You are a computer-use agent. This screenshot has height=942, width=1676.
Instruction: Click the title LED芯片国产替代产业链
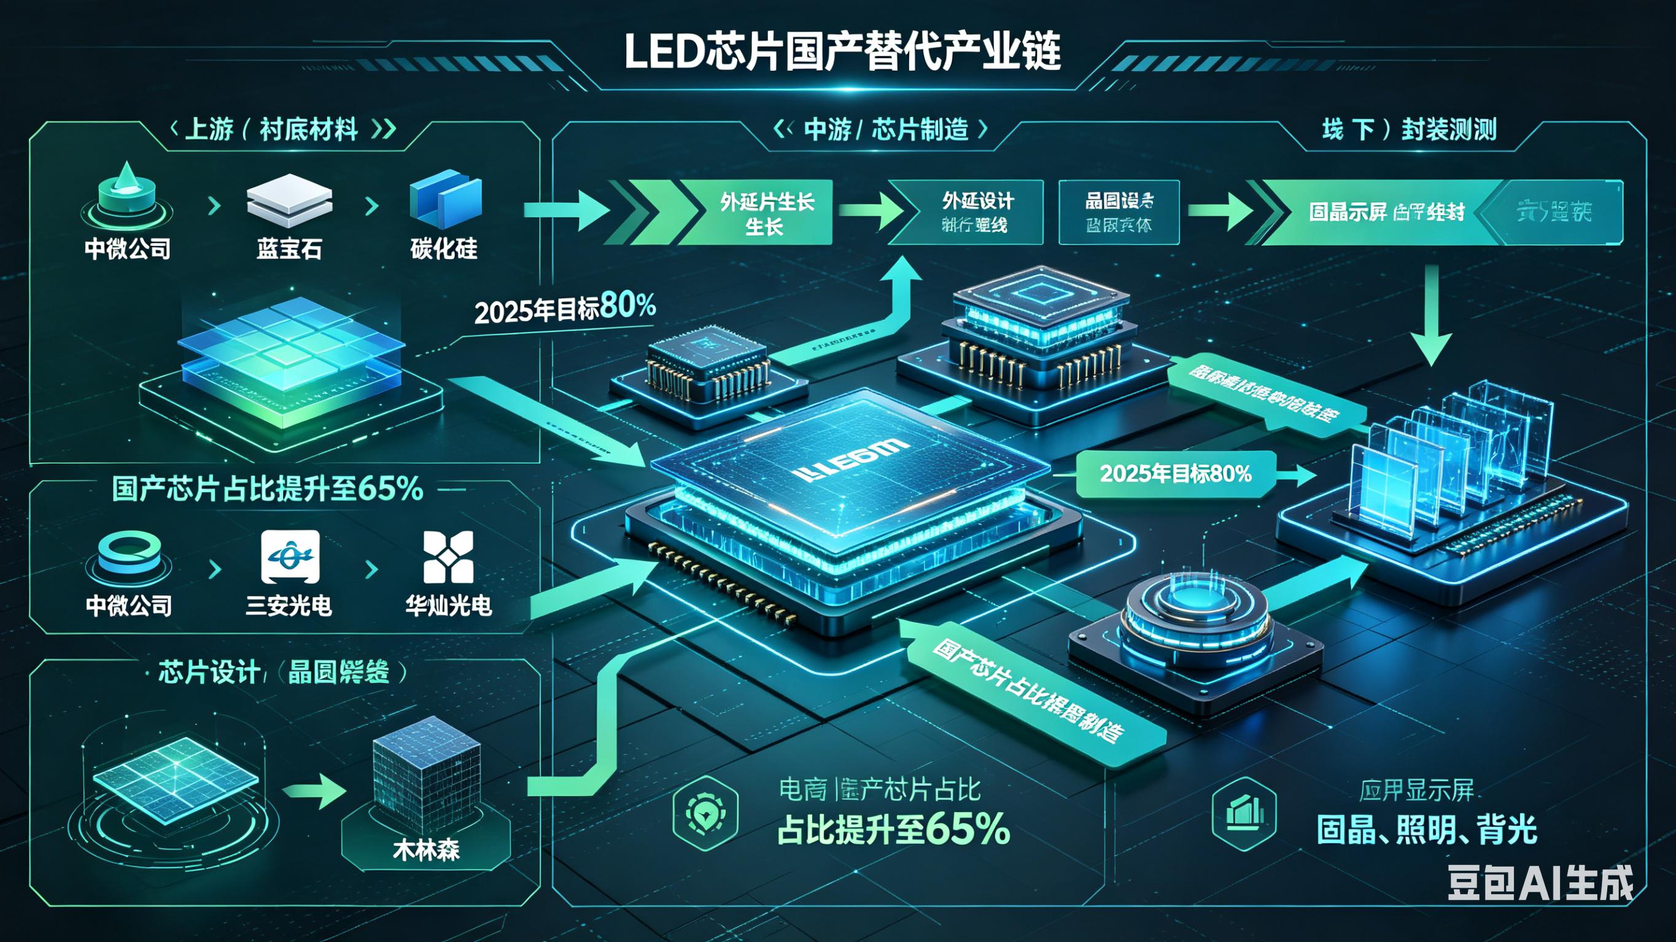pos(842,52)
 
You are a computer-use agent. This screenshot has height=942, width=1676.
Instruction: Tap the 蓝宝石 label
pos(289,249)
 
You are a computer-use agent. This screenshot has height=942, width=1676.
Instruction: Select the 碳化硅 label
pos(444,249)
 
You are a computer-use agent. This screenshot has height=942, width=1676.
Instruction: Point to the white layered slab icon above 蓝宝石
pos(289,199)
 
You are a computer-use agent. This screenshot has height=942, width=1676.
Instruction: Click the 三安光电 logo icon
pos(290,557)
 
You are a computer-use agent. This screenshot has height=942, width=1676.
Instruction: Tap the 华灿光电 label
pos(448,606)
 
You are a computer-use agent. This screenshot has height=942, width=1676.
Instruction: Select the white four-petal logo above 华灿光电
pos(448,557)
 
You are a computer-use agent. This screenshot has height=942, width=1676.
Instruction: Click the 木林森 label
pos(426,849)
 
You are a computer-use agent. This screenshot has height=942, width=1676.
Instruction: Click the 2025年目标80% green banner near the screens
pos(1175,474)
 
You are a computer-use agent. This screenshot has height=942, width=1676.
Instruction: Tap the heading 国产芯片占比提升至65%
pos(267,488)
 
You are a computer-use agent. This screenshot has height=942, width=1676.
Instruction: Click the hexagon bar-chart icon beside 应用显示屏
pos(1244,813)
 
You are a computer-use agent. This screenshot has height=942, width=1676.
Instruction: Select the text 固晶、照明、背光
pos(1427,830)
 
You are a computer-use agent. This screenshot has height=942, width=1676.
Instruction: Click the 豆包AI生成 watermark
pos(1540,884)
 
